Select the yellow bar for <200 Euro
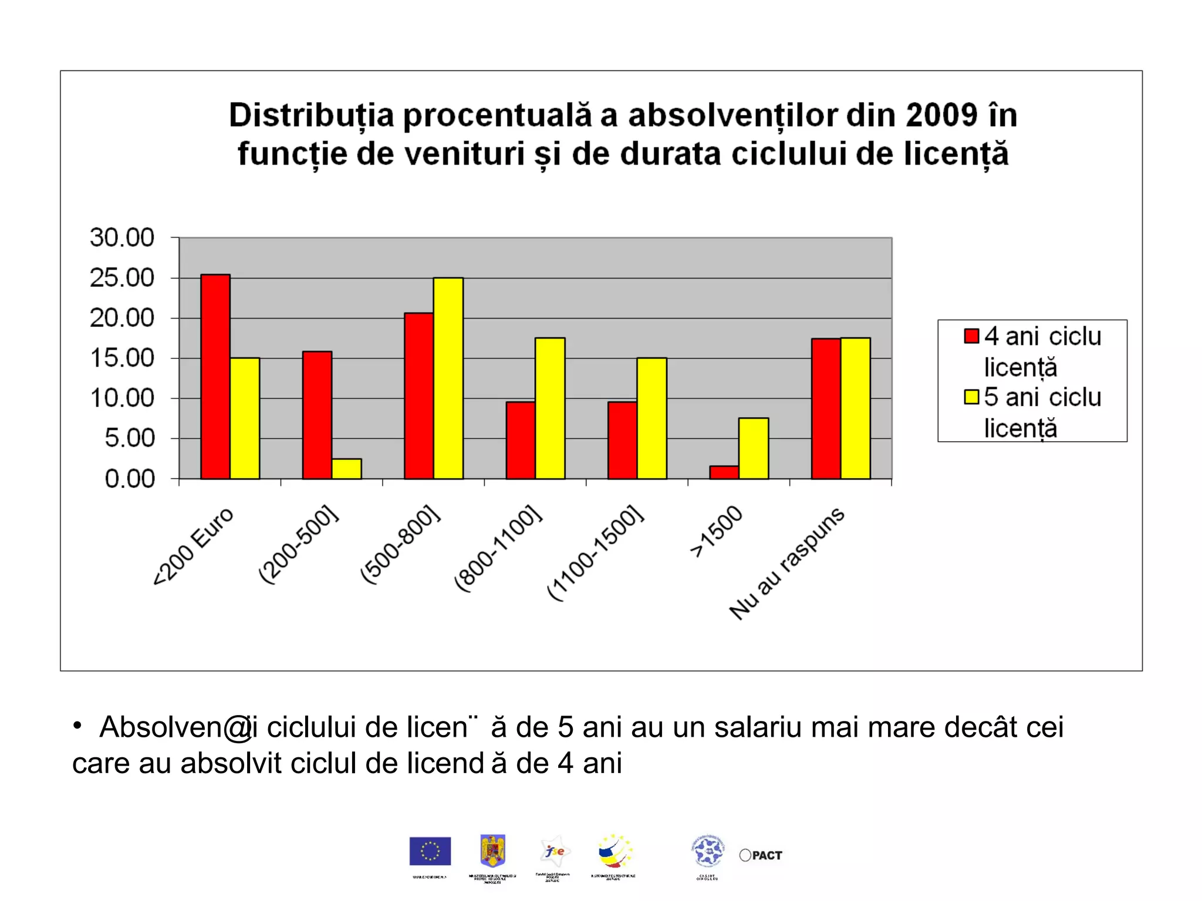[x=245, y=418]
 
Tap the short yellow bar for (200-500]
[x=346, y=469]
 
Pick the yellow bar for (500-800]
[x=448, y=378]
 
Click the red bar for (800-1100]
[x=521, y=440]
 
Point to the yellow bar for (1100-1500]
[x=651, y=418]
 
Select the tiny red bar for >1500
[x=724, y=472]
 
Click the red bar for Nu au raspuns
[x=826, y=408]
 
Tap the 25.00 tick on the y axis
[x=122, y=277]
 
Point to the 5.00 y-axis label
[x=130, y=438]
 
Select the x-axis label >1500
[x=716, y=531]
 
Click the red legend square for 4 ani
[x=971, y=336]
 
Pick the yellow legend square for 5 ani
[x=971, y=397]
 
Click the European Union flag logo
[x=430, y=851]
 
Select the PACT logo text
[x=767, y=855]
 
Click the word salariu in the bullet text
[x=758, y=727]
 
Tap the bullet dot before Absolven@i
[x=77, y=726]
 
